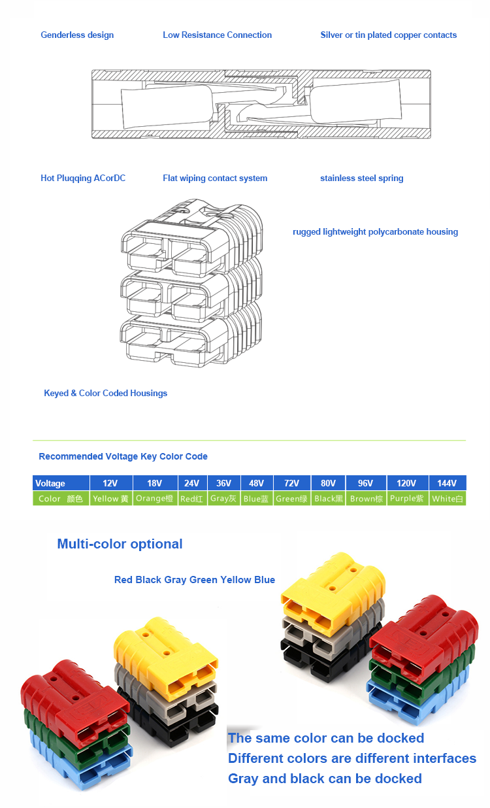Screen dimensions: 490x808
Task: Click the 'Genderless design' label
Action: pyautogui.click(x=77, y=35)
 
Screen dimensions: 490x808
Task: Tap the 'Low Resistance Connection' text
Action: pyautogui.click(x=217, y=35)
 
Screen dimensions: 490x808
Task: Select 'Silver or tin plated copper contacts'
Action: pyautogui.click(x=388, y=35)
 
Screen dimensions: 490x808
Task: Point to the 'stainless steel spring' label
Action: pyautogui.click(x=362, y=178)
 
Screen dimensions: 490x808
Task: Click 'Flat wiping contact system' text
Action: pyautogui.click(x=215, y=178)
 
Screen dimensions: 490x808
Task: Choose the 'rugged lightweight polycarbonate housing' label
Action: pyautogui.click(x=376, y=231)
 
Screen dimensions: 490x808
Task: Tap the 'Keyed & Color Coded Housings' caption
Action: pyautogui.click(x=106, y=393)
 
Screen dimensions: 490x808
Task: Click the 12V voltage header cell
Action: pyautogui.click(x=111, y=483)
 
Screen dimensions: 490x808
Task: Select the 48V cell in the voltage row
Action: pyautogui.click(x=257, y=483)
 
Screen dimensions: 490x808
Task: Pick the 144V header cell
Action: pyautogui.click(x=448, y=483)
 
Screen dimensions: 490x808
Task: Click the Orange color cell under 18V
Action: pyautogui.click(x=155, y=499)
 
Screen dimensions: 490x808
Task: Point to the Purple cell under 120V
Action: pyautogui.click(x=408, y=499)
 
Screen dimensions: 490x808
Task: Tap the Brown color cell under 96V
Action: pyautogui.click(x=366, y=499)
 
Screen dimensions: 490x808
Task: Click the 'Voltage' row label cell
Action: pyautogui.click(x=61, y=483)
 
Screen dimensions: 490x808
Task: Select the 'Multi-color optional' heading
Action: pyautogui.click(x=120, y=544)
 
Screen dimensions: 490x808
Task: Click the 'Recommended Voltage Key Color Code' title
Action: pyautogui.click(x=123, y=457)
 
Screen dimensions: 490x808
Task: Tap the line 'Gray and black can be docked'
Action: pyautogui.click(x=325, y=779)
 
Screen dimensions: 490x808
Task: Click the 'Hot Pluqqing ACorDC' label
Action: pyautogui.click(x=83, y=178)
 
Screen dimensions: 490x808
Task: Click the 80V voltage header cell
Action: pyautogui.click(x=328, y=483)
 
